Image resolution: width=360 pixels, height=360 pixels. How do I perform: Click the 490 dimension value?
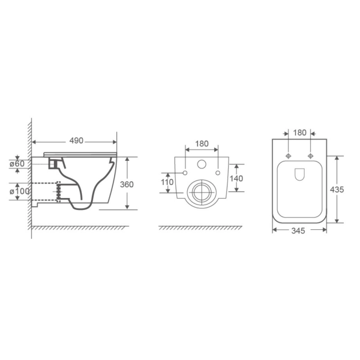tap(76, 141)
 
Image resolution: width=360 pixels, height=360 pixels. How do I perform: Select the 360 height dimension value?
tap(127, 184)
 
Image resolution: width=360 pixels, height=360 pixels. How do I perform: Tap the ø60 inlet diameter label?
tap(17, 164)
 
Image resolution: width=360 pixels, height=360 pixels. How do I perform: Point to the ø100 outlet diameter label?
tap(20, 191)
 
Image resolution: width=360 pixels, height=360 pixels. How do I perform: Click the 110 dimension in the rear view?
tap(167, 182)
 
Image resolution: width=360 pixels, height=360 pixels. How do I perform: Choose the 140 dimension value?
tap(236, 178)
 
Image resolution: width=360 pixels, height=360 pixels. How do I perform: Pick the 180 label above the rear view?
tap(202, 144)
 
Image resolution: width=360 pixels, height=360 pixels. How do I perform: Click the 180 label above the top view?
tap(300, 133)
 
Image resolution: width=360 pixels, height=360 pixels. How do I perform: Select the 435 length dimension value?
tap(337, 190)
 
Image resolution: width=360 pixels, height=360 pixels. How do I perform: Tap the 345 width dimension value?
tap(298, 230)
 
